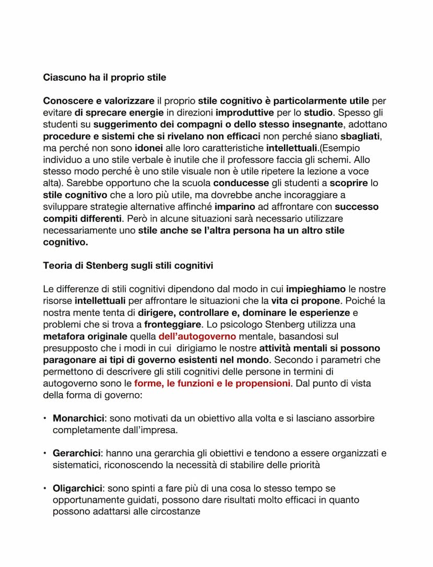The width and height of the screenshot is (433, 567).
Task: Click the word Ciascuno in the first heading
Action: coord(62,77)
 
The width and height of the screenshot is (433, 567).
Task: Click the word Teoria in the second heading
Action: coord(57,265)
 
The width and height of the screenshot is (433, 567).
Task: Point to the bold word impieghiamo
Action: coord(316,289)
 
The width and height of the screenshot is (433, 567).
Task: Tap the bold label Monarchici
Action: coord(76,419)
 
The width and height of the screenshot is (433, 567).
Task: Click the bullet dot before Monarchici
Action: coord(45,419)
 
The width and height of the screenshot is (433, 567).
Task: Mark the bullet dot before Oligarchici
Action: coord(45,488)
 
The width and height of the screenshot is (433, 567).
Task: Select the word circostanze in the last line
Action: coord(175,512)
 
